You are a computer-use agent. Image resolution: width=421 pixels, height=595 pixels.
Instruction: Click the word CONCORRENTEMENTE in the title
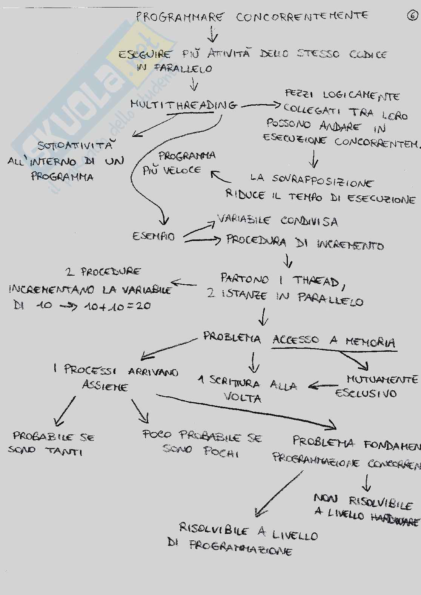(x=302, y=17)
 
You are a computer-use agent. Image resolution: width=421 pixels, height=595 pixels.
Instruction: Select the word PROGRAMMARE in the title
(x=180, y=17)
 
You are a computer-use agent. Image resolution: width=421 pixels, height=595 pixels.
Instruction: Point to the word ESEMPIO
(x=154, y=236)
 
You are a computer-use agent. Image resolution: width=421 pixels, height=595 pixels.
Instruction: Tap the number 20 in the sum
(x=144, y=305)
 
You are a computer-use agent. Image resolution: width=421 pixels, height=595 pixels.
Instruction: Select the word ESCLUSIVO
(x=366, y=393)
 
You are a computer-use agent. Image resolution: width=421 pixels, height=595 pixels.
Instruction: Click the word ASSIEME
(x=105, y=386)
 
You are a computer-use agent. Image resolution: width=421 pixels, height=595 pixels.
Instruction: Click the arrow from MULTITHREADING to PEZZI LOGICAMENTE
(x=261, y=106)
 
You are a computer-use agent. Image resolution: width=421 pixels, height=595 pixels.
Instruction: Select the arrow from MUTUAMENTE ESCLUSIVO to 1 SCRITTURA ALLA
(x=323, y=386)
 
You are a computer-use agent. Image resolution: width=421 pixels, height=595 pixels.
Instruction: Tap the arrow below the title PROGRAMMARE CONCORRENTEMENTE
(x=213, y=35)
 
